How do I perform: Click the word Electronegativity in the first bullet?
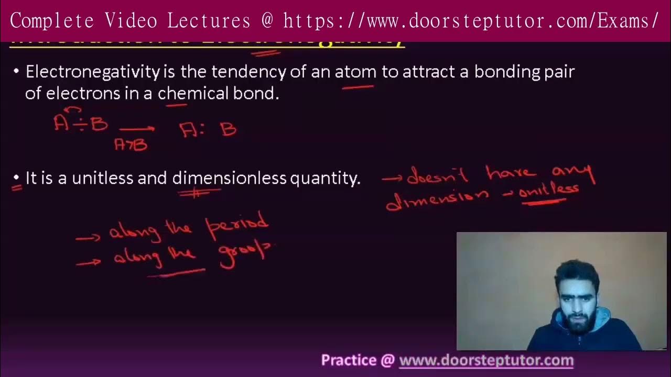coord(92,72)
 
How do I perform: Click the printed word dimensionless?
coord(229,178)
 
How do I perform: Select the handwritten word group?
coord(244,253)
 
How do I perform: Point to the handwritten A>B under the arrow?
coord(131,144)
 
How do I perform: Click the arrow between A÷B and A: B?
coord(137,128)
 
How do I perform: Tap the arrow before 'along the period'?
coord(88,238)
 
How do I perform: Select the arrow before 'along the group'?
coord(89,263)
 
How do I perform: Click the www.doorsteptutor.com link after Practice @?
coord(486,360)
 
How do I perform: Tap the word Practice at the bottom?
coord(349,360)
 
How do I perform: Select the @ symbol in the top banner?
coord(267,21)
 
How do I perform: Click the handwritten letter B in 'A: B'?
coord(229,129)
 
